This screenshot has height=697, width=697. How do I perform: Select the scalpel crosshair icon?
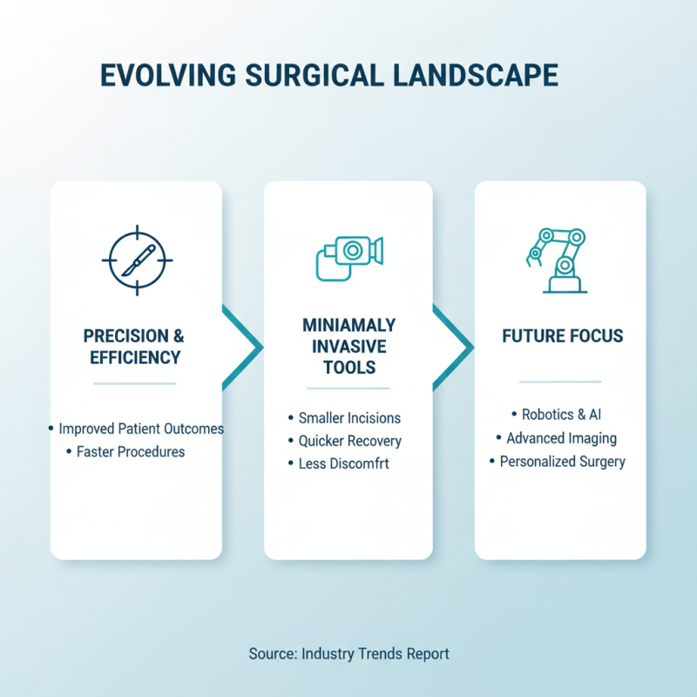137,259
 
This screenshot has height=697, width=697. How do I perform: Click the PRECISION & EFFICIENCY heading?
134,346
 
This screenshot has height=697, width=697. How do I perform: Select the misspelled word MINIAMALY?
348,325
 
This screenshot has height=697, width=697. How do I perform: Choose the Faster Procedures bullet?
129,451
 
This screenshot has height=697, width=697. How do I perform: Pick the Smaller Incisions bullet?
348,418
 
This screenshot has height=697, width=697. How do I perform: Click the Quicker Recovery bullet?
348,441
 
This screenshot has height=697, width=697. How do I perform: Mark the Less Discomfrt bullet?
342,464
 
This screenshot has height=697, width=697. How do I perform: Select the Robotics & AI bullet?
562,415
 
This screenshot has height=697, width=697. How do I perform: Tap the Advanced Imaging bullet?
560,438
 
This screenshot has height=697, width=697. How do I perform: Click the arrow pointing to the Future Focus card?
454,348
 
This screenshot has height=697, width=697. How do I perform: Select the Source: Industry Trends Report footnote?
348,653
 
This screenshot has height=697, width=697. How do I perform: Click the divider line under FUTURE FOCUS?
560,382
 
